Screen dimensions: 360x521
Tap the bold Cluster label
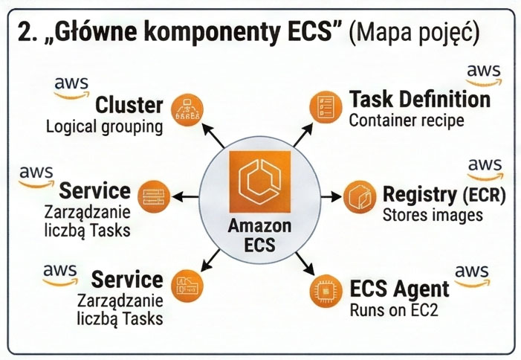[x=129, y=104]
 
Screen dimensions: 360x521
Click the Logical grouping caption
[x=104, y=126]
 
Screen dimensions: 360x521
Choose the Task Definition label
[x=419, y=99]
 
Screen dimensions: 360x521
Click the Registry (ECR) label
[x=444, y=195]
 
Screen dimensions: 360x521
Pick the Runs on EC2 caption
[x=393, y=309]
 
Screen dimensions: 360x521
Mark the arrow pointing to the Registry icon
[x=332, y=198]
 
